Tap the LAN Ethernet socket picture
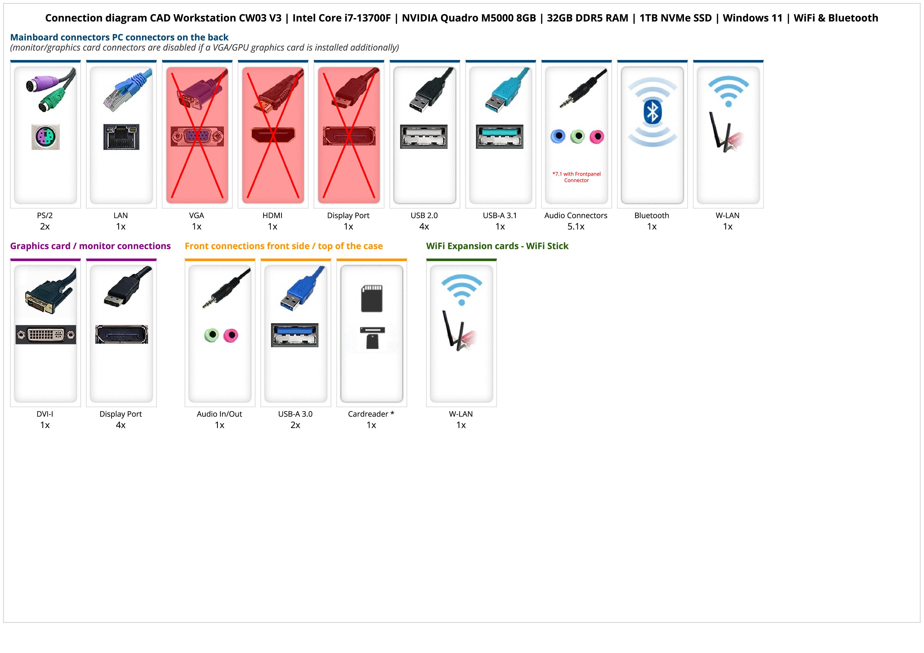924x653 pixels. pyautogui.click(x=121, y=137)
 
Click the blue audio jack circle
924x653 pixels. pyautogui.click(x=558, y=136)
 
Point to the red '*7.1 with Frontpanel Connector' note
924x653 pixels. pyautogui.click(x=576, y=177)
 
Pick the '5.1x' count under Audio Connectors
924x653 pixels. pyautogui.click(x=576, y=227)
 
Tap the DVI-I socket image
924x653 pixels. pyautogui.click(x=46, y=334)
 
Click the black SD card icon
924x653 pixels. pyautogui.click(x=372, y=298)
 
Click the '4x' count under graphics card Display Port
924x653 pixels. pyautogui.click(x=121, y=425)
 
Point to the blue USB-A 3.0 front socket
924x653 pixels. pyautogui.click(x=294, y=335)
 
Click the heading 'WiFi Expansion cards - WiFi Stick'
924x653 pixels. pyautogui.click(x=497, y=246)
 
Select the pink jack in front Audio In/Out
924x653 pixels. pyautogui.click(x=231, y=335)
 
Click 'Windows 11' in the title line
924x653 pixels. pyautogui.click(x=753, y=18)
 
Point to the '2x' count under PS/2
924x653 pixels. pyautogui.click(x=45, y=227)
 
